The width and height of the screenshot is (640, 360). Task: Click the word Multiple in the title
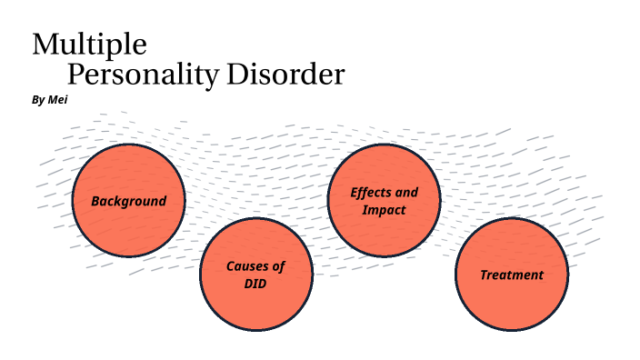coord(89,44)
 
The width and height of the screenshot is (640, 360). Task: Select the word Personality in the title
coord(143,75)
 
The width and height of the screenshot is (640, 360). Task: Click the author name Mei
coord(57,99)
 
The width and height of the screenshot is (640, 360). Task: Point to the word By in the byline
coord(37,99)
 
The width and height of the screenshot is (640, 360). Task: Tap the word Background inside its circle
coord(128,201)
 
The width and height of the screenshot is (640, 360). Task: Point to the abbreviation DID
coord(255,284)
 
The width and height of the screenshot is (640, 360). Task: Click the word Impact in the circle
coord(384,210)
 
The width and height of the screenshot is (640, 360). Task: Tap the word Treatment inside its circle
coord(511,275)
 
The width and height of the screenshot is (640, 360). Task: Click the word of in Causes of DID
coord(277,266)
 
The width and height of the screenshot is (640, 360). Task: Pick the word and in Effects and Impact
coord(406,193)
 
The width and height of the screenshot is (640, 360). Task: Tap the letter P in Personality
coord(76,75)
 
